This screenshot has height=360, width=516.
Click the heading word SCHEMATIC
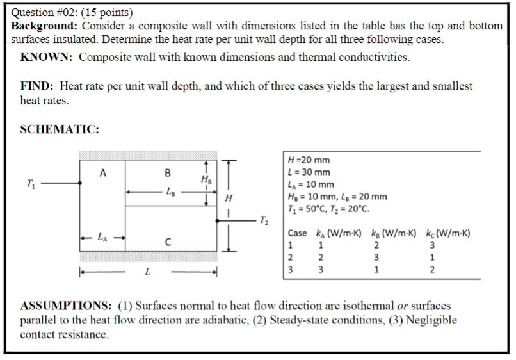click(60, 129)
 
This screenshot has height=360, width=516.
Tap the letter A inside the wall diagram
click(102, 172)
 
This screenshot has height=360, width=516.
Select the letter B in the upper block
click(168, 172)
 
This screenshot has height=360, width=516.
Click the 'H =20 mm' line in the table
click(310, 161)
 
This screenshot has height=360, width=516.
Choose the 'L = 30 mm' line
click(310, 172)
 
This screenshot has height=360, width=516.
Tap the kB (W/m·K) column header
click(393, 233)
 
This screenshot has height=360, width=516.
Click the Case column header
click(297, 233)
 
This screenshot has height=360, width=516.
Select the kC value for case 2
click(432, 258)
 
